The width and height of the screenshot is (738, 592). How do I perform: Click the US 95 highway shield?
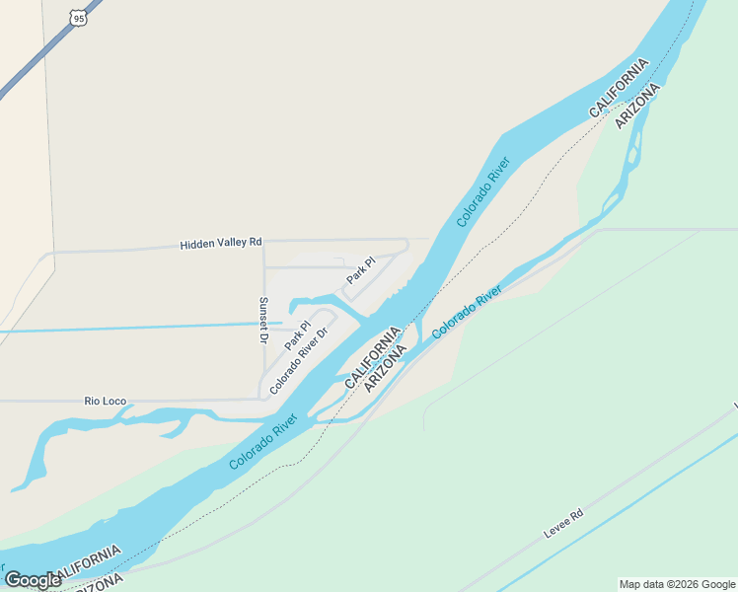pyautogui.click(x=78, y=17)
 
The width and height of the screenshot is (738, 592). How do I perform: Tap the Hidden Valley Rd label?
pyautogui.click(x=221, y=242)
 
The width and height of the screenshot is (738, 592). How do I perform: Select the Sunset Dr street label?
pyautogui.click(x=263, y=320)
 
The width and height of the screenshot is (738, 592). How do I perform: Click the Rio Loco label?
pyautogui.click(x=106, y=402)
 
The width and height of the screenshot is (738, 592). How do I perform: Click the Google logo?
pyautogui.click(x=33, y=580)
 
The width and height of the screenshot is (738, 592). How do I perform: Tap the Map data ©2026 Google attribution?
pyautogui.click(x=677, y=584)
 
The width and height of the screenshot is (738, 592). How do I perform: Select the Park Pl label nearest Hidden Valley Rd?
pyautogui.click(x=360, y=272)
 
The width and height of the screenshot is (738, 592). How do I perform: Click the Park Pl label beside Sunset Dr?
pyautogui.click(x=298, y=333)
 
